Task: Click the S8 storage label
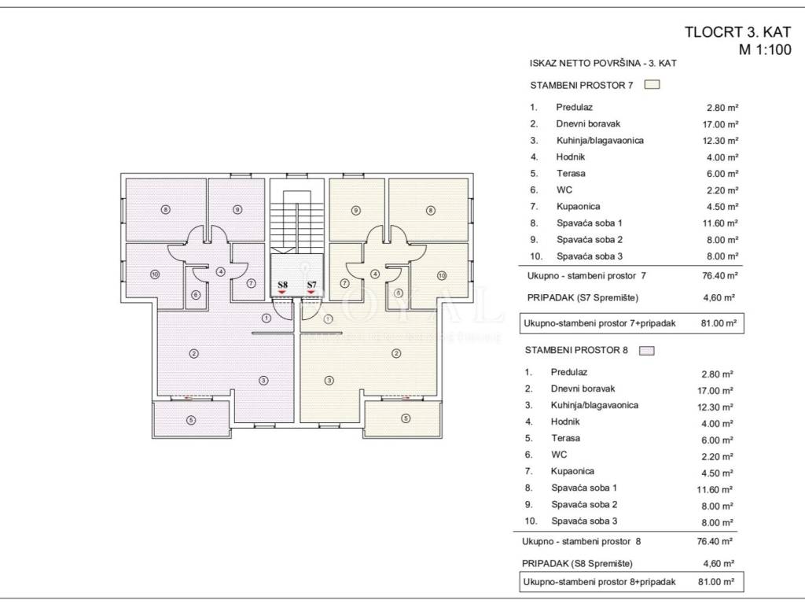click(282, 285)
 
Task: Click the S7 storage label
click(311, 285)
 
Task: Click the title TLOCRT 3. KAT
click(737, 31)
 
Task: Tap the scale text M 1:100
click(765, 50)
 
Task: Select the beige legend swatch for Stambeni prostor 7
click(652, 85)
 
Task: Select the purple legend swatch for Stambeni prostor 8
click(647, 351)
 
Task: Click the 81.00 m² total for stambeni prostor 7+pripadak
click(719, 323)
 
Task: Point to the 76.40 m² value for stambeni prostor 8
click(715, 541)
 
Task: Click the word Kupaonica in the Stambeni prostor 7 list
click(578, 207)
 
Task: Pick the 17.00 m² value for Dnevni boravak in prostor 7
click(722, 124)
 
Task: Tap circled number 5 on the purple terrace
click(191, 420)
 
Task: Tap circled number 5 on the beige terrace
click(406, 418)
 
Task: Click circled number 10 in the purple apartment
click(155, 274)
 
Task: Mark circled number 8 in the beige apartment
click(430, 210)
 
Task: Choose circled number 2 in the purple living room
click(193, 353)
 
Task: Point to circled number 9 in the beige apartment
click(356, 210)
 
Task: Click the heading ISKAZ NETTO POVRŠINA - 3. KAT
click(603, 63)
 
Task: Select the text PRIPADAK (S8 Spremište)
click(577, 563)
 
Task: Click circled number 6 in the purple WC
click(196, 296)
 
